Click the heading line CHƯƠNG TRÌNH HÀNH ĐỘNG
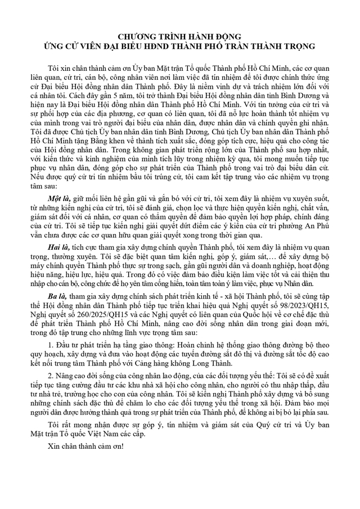pos(180,35)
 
